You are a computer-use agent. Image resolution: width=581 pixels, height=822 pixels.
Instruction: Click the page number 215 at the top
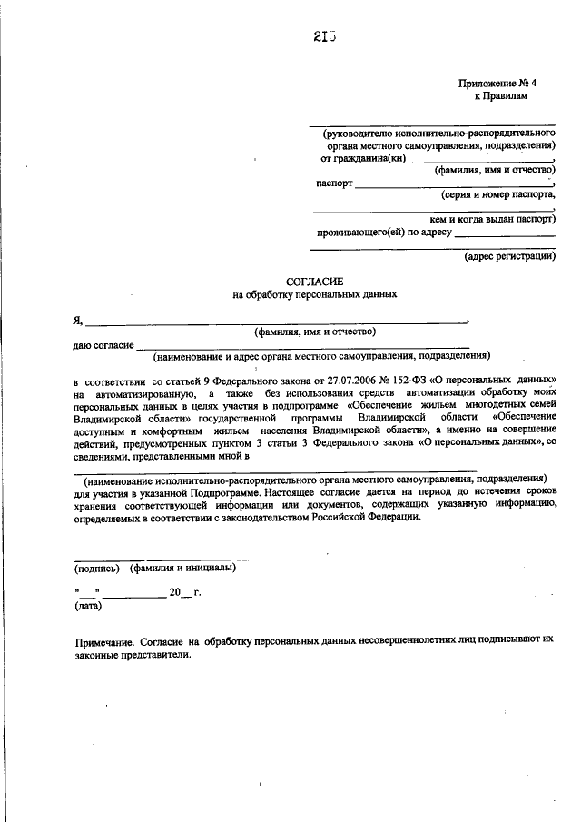(324, 36)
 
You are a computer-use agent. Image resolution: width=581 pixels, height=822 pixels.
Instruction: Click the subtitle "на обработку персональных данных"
(315, 296)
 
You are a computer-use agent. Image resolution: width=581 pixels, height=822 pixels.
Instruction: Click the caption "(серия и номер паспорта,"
(497, 194)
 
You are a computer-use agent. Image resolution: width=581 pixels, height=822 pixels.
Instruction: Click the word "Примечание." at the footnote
(106, 640)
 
